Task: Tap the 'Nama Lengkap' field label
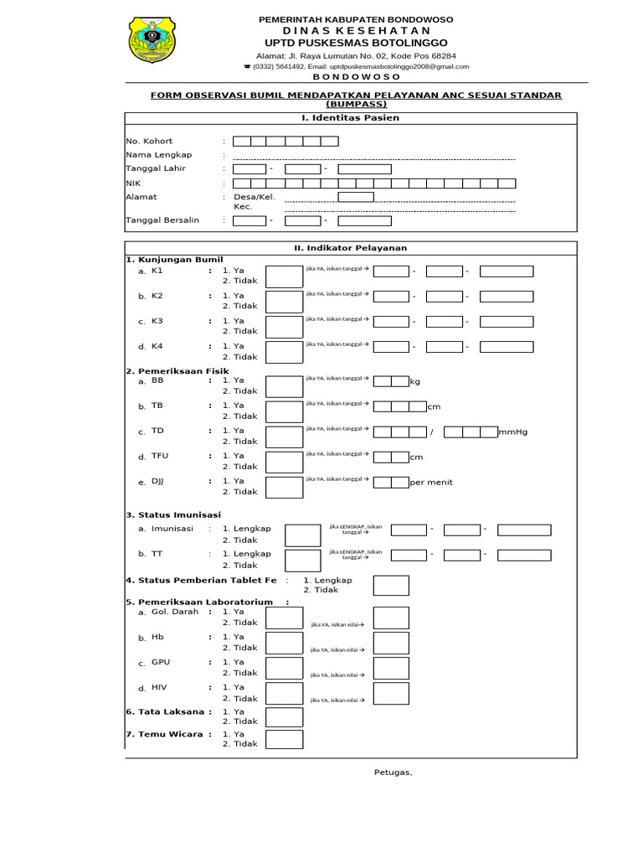[x=159, y=155]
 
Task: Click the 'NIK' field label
[x=133, y=182]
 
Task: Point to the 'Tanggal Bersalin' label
[x=162, y=220]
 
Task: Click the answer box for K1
[x=284, y=277]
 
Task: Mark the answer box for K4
[x=284, y=352]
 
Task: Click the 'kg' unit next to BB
[x=414, y=382]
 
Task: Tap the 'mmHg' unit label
[x=513, y=432]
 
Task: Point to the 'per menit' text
[x=431, y=483]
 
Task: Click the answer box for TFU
[x=284, y=462]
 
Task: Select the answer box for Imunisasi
[x=302, y=535]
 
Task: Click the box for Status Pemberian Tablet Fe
[x=391, y=586]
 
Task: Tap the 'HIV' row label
[x=159, y=688]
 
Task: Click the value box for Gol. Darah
[x=391, y=618]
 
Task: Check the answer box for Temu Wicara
[x=284, y=738]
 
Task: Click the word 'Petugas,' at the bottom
[x=393, y=773]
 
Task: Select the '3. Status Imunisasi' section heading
[x=173, y=514]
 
